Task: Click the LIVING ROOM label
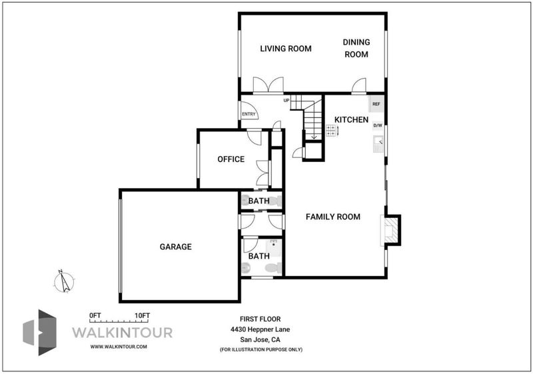point(286,49)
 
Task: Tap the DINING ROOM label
point(356,48)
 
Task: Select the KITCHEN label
point(351,120)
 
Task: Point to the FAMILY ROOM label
point(332,217)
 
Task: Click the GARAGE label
point(176,247)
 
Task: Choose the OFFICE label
point(231,159)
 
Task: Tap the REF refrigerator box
point(376,104)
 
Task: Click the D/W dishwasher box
point(378,125)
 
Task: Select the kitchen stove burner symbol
point(331,131)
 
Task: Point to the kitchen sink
point(378,144)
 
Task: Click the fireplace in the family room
point(390,230)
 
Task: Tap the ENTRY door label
point(249,114)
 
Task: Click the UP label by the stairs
point(286,101)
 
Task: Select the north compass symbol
point(64,281)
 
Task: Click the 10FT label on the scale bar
point(142,315)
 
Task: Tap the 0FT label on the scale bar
point(95,315)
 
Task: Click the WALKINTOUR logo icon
point(39,333)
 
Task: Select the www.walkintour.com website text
point(119,347)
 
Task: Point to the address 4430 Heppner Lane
point(260,329)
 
